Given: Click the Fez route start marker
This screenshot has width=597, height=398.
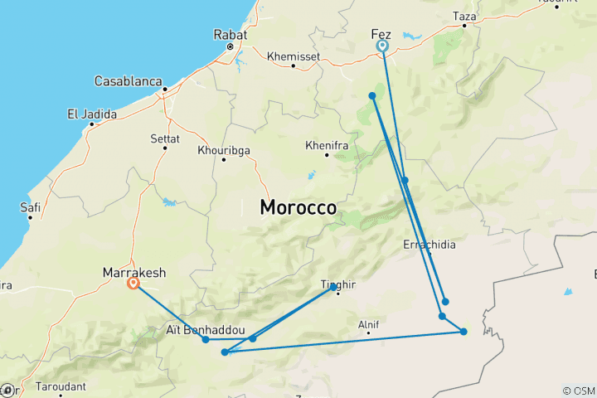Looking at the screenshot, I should point(383,46).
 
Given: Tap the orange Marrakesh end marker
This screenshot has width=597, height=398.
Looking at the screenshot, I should point(133,284).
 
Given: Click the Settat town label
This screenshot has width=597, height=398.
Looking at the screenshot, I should point(164,137).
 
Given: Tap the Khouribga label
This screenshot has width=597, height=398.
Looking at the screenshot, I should point(224,150).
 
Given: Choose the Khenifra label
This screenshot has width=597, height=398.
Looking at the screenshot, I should point(326,145).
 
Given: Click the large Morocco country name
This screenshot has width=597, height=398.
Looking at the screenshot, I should point(298,207).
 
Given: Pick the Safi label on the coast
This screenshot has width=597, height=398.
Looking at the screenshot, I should point(31,207).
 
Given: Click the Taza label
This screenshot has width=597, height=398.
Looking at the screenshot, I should point(464,16).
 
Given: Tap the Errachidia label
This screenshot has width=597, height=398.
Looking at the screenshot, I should point(429,245).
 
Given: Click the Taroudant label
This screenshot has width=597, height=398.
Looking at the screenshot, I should point(63,386).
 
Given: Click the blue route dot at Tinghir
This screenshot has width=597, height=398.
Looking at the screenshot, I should point(333,287).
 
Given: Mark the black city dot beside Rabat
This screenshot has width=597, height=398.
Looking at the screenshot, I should point(231,47).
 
